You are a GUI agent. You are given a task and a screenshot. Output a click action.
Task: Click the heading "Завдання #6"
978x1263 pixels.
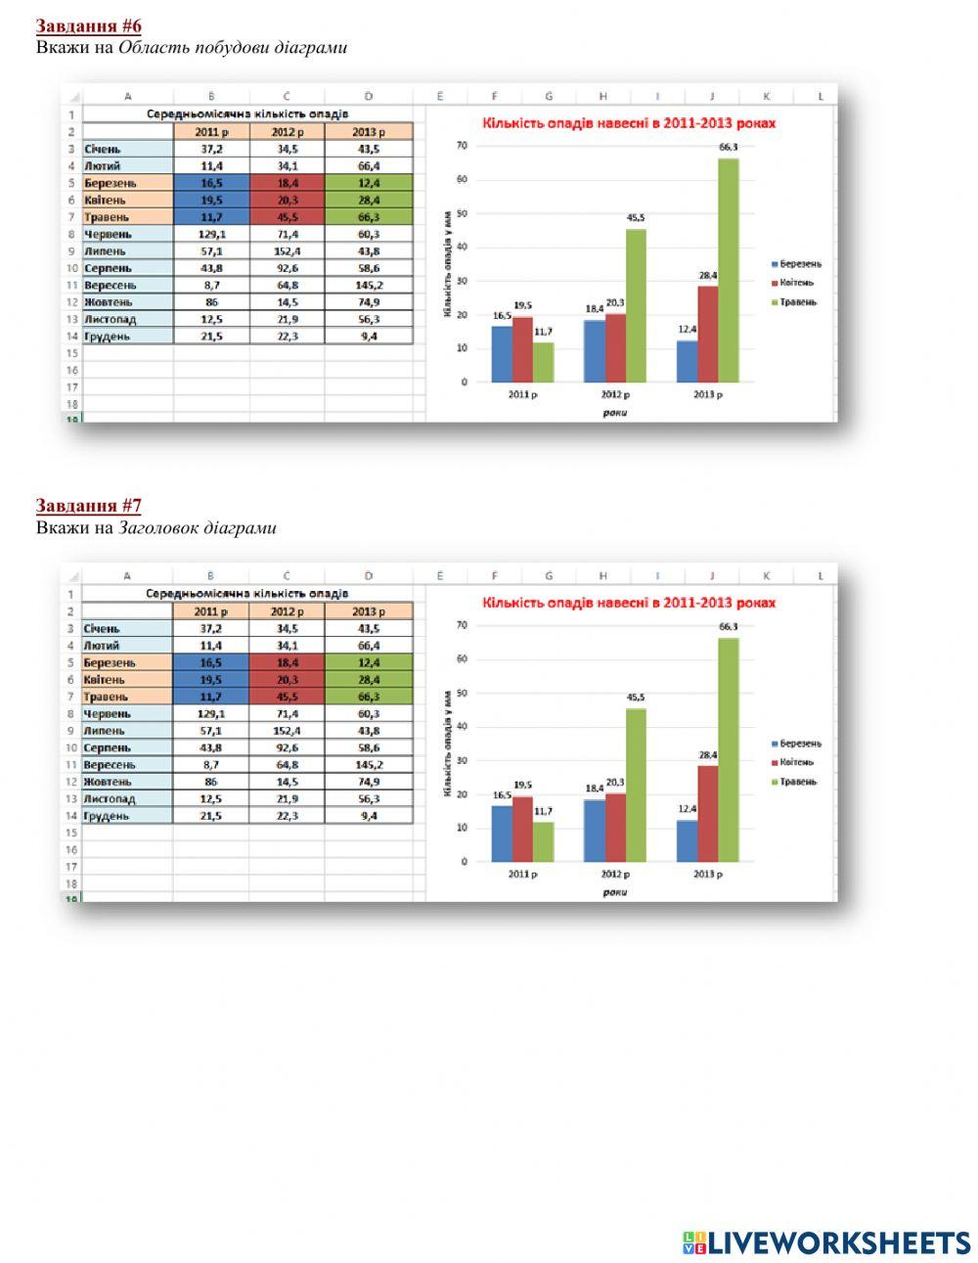[89, 26]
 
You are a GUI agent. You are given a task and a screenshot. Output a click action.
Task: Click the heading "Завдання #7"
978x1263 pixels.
[89, 506]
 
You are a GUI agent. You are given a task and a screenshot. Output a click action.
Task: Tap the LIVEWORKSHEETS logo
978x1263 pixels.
[826, 1242]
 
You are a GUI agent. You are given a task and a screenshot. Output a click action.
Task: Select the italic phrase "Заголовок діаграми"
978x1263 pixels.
[198, 528]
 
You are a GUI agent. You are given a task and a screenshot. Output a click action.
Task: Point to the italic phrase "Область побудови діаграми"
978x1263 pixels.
[233, 48]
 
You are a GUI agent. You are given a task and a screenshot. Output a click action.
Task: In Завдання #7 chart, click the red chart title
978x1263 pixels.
[629, 603]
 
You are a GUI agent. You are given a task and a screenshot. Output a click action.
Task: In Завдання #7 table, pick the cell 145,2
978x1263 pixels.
[368, 764]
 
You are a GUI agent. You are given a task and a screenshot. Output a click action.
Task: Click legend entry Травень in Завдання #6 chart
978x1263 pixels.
[798, 302]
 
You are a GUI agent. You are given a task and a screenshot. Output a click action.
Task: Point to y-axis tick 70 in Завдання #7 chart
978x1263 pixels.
[463, 624]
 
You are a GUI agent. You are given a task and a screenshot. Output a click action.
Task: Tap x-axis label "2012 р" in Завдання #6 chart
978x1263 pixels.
[615, 394]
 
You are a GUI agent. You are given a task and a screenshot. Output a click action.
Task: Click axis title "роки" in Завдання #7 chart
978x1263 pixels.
[614, 891]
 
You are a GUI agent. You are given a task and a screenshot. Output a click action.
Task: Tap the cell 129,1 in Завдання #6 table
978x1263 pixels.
[210, 235]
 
